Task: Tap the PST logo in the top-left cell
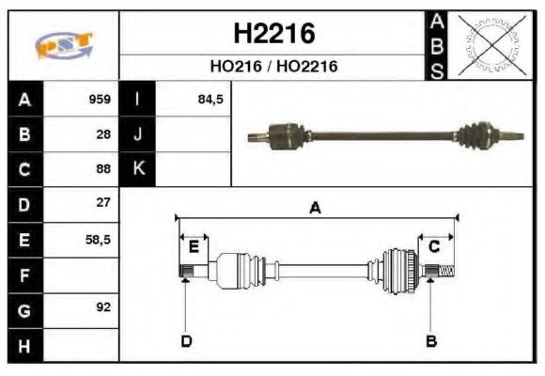[x=63, y=45]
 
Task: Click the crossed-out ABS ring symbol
[x=490, y=45]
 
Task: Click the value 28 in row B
[x=102, y=133]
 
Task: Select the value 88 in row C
[x=102, y=169]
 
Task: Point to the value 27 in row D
[x=102, y=203]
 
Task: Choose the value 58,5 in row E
[x=98, y=239]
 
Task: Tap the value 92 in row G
[x=102, y=308]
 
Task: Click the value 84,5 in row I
[x=210, y=99]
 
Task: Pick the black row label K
[x=138, y=169]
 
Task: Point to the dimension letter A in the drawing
[x=316, y=209]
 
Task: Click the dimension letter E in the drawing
[x=193, y=247]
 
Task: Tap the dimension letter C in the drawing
[x=434, y=246]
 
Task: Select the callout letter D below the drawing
[x=185, y=340]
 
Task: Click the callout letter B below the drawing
[x=431, y=340]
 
